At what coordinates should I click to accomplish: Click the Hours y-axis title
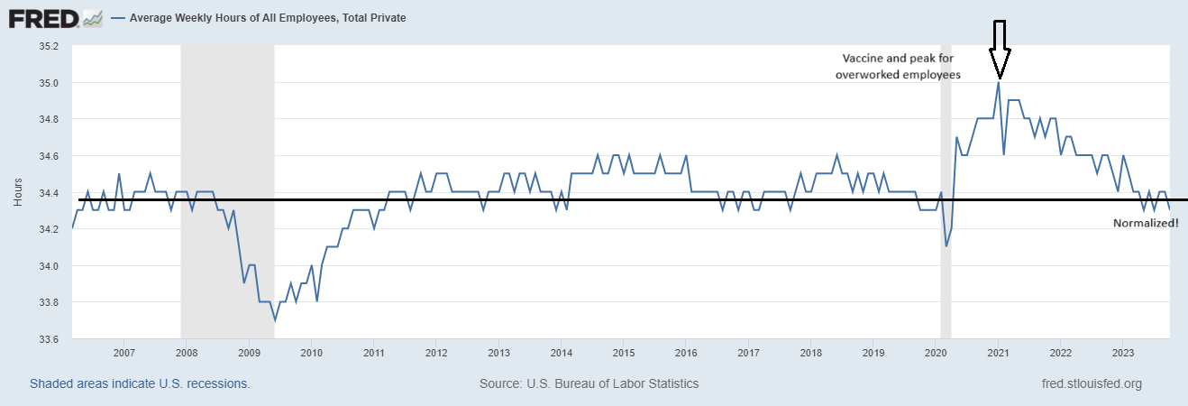[x=18, y=191]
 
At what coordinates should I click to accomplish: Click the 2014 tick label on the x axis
[x=561, y=352]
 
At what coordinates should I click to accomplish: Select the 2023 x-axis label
[x=1123, y=352]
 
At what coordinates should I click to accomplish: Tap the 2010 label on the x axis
[x=311, y=352]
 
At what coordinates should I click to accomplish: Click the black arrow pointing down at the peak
[x=999, y=50]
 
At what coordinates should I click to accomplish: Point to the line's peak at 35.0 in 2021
[x=999, y=83]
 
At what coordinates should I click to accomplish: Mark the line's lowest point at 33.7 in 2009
[x=275, y=320]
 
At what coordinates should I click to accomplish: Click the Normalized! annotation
[x=1146, y=222]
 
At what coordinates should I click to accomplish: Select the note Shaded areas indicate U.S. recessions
[x=140, y=383]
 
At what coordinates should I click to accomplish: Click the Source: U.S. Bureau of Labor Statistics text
[x=589, y=383]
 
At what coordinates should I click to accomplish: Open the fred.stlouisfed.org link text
[x=1091, y=383]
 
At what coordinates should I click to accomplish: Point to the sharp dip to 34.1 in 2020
[x=946, y=246]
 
